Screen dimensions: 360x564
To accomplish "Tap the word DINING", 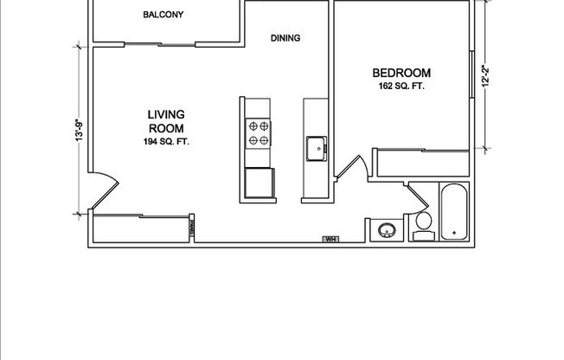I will (285, 38).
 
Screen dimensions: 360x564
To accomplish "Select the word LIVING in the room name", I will (167, 114).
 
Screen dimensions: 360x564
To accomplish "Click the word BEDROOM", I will (401, 73).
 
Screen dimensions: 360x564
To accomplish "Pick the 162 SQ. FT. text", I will (401, 87).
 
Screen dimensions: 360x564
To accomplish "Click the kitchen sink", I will (315, 149).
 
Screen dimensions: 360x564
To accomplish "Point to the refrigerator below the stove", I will (259, 183).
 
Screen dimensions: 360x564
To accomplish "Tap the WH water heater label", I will (330, 239).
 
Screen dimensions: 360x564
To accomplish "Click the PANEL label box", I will (191, 227).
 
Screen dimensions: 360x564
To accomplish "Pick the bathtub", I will (454, 212).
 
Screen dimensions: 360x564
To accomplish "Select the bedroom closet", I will (420, 163).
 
